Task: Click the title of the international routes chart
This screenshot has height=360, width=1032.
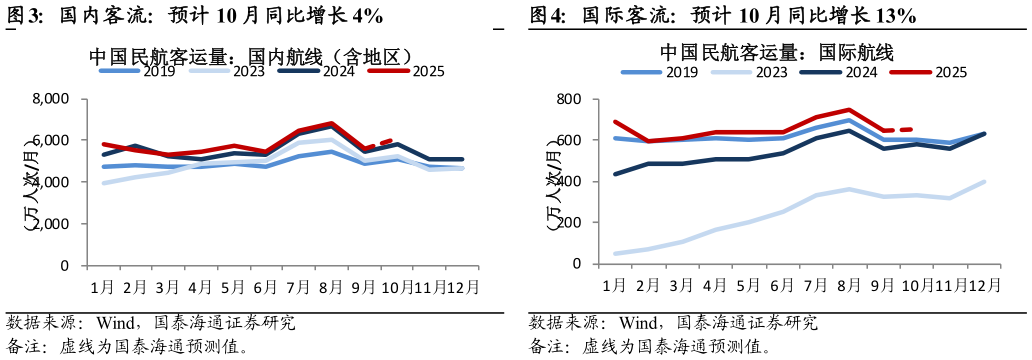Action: pos(776,52)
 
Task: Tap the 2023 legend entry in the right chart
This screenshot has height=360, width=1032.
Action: pos(771,72)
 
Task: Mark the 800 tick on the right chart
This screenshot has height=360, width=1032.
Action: pos(570,100)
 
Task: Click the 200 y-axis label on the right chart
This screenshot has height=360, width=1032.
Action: pos(570,223)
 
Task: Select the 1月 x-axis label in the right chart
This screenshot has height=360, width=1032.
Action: pos(615,285)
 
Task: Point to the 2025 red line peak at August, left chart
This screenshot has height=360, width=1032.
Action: pos(331,124)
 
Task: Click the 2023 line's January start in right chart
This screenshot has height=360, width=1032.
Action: pos(615,253)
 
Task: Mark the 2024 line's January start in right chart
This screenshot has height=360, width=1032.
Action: pos(615,174)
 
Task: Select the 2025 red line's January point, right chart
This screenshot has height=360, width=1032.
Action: pos(615,122)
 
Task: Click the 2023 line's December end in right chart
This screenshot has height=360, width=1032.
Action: pos(984,182)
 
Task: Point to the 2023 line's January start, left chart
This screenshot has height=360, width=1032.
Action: pos(103,183)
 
